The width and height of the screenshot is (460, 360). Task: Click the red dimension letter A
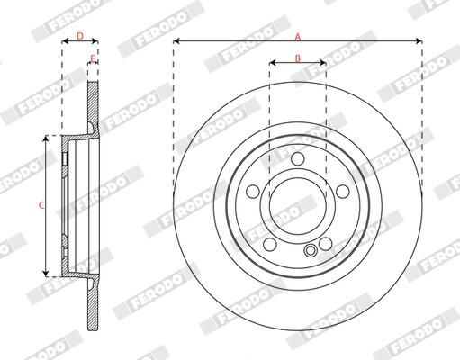[298, 37]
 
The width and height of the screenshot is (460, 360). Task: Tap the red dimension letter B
[298, 58]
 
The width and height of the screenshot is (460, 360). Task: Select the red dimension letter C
[42, 205]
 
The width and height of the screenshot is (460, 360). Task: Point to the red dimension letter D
[80, 36]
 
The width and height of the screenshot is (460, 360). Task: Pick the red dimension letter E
[93, 58]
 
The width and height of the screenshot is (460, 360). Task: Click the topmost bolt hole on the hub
[298, 158]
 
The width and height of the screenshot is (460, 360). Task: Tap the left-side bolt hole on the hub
[253, 192]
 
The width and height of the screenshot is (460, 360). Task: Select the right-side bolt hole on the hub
[343, 192]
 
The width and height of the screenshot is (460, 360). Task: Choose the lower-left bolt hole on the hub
[270, 244]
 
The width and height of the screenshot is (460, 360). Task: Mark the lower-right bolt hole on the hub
[326, 244]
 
